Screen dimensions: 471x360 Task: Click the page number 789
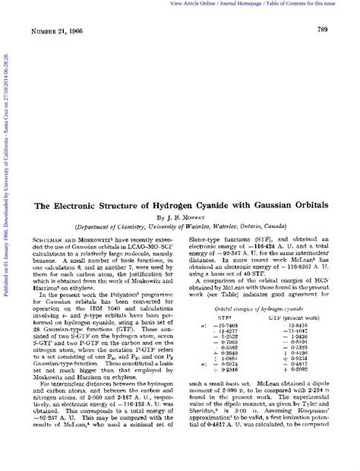(332, 29)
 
